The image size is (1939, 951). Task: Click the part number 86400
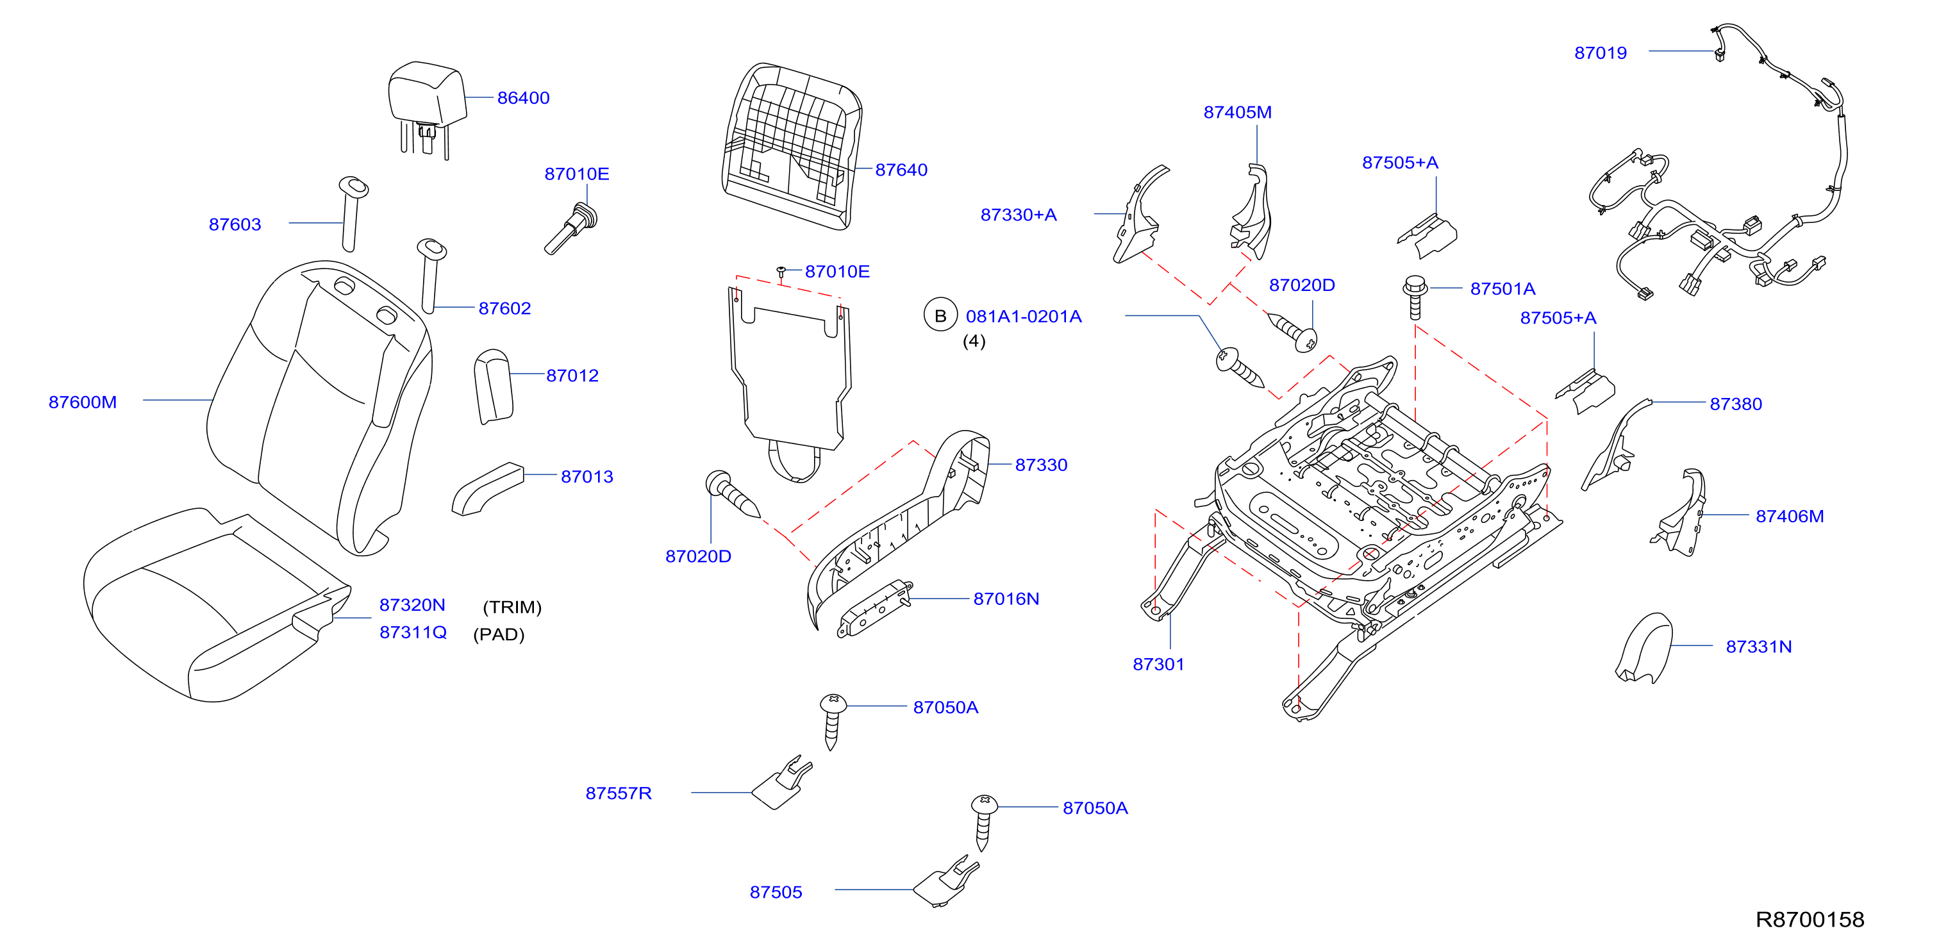[523, 98]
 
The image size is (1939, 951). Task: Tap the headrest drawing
[427, 105]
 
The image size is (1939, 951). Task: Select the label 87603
[235, 224]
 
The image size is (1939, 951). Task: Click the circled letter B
[940, 316]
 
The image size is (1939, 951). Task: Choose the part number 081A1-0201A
[1024, 316]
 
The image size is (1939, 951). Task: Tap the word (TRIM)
[512, 607]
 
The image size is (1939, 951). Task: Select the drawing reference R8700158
[1810, 920]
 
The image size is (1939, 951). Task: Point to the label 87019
[1601, 53]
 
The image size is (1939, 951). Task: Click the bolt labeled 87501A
[1415, 297]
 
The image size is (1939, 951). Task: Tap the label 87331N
[1758, 647]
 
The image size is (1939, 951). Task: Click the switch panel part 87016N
[876, 608]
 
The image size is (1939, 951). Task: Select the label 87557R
[619, 793]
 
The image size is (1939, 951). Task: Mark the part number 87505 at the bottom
[776, 892]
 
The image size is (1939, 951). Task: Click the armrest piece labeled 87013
[487, 489]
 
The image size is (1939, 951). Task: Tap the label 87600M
[83, 402]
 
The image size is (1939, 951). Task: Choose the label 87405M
[1238, 112]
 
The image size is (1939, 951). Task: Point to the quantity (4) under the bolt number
[974, 342]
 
